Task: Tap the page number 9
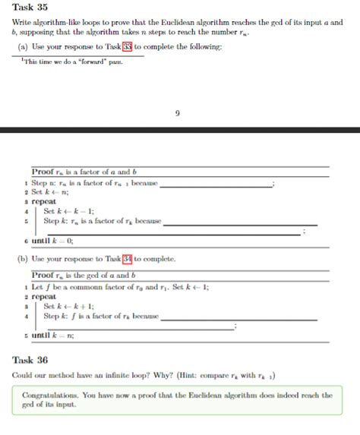coord(177,113)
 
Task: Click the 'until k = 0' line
coord(52,241)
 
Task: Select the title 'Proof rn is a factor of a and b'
coord(84,172)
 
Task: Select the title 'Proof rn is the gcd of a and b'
coord(83,275)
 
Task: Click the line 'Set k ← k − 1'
coord(68,211)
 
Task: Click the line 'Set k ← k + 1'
coord(68,306)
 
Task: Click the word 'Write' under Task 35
coord(24,24)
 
